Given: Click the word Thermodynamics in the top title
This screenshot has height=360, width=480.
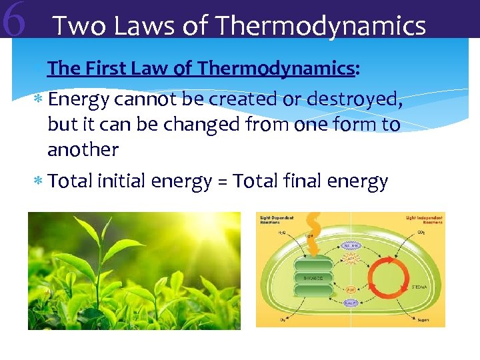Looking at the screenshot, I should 321,26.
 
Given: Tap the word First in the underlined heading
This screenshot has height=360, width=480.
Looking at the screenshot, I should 107,68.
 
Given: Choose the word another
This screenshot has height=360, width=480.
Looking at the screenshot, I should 83,149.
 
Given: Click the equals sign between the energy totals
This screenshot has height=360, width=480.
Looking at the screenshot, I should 221,181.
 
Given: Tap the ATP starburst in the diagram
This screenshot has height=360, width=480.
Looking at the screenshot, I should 350,259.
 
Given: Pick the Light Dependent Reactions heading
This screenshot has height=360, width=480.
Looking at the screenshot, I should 271,221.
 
